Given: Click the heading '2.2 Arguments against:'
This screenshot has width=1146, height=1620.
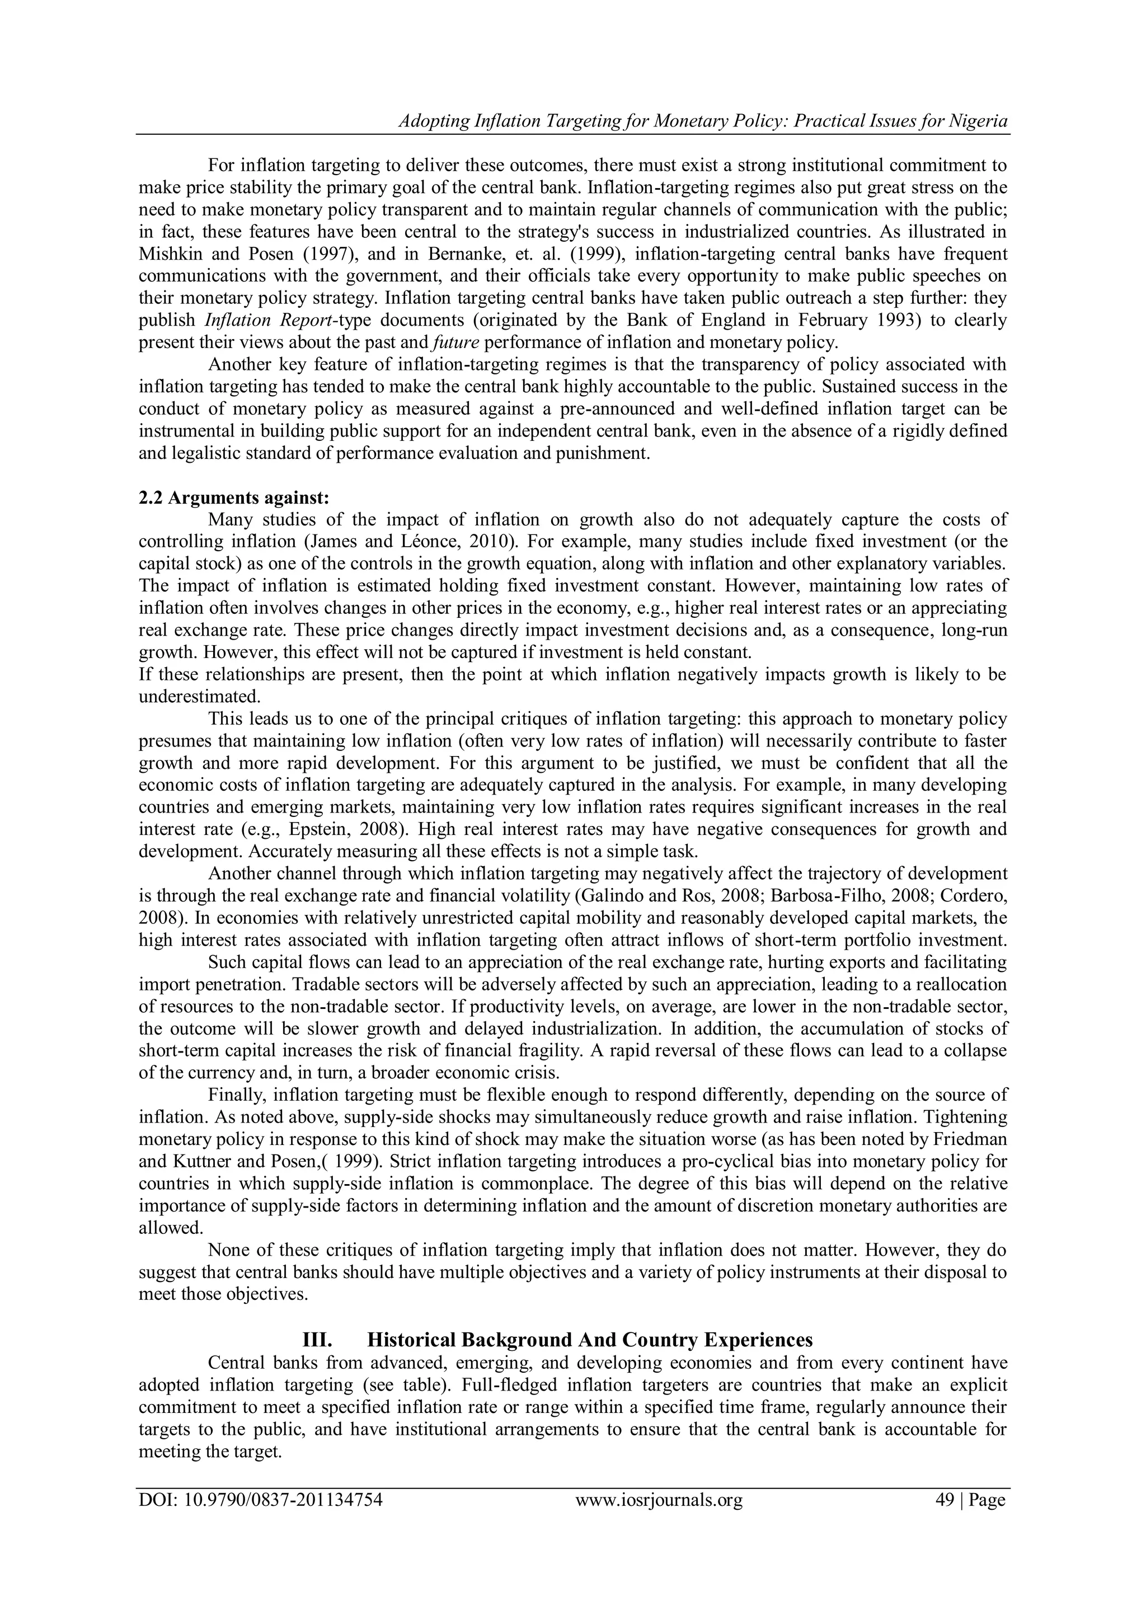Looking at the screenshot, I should [233, 497].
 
